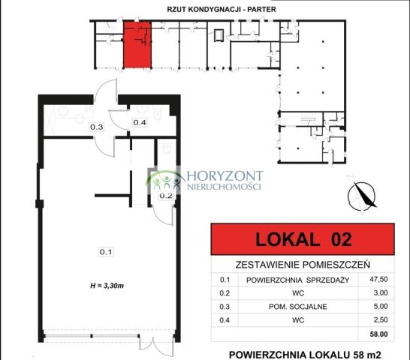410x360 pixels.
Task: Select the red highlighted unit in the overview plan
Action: point(137,44)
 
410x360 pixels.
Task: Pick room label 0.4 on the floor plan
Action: point(140,121)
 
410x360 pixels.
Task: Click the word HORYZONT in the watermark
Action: point(223,173)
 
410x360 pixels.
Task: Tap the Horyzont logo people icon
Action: point(165,179)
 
